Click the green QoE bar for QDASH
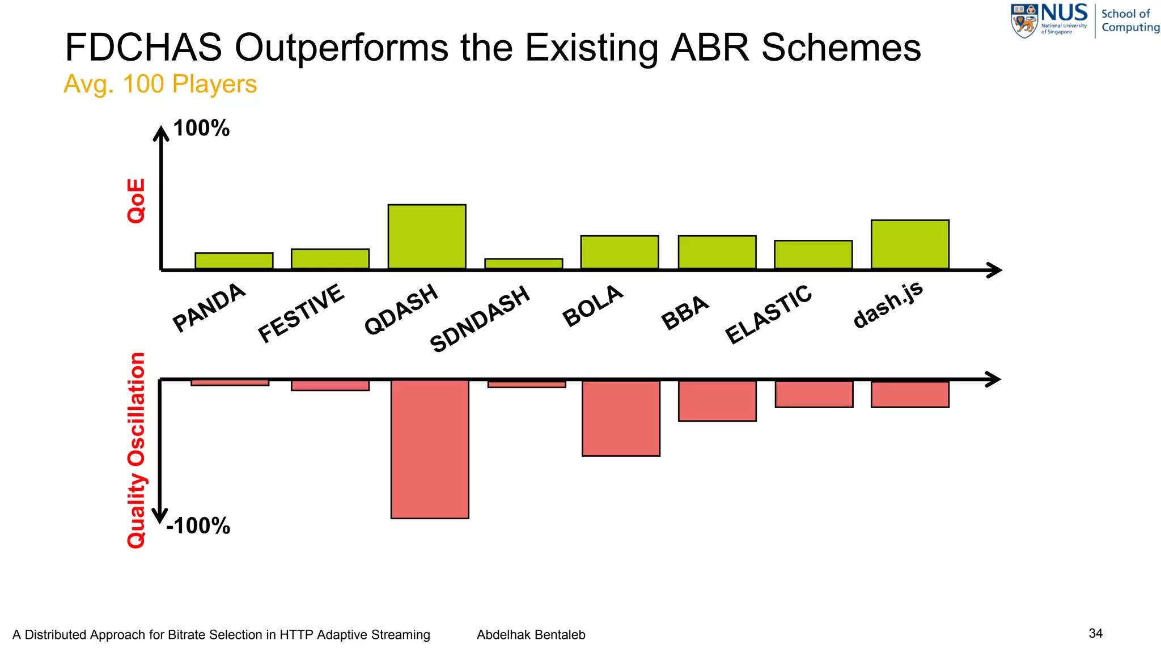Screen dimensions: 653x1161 [427, 236]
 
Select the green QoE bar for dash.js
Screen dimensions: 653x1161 [910, 244]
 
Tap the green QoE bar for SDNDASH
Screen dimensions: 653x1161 [524, 264]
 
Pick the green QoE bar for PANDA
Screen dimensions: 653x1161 [234, 261]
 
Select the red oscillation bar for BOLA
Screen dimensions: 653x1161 [621, 418]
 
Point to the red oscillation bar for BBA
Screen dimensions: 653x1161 [717, 400]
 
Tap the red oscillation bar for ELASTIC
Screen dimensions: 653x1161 [814, 393]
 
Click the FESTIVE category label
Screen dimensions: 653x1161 [301, 313]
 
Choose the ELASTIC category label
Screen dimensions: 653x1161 [769, 314]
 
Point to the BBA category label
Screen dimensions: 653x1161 [685, 312]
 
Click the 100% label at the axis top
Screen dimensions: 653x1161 [201, 128]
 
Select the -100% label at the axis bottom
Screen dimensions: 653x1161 [198, 526]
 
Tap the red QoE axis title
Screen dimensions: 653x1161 [136, 201]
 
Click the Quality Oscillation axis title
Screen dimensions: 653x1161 [136, 450]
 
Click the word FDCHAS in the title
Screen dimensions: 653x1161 [143, 47]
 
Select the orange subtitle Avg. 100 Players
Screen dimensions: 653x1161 [160, 84]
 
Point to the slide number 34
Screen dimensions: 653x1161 [1095, 633]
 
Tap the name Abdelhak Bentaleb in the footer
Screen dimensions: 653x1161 [531, 635]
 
